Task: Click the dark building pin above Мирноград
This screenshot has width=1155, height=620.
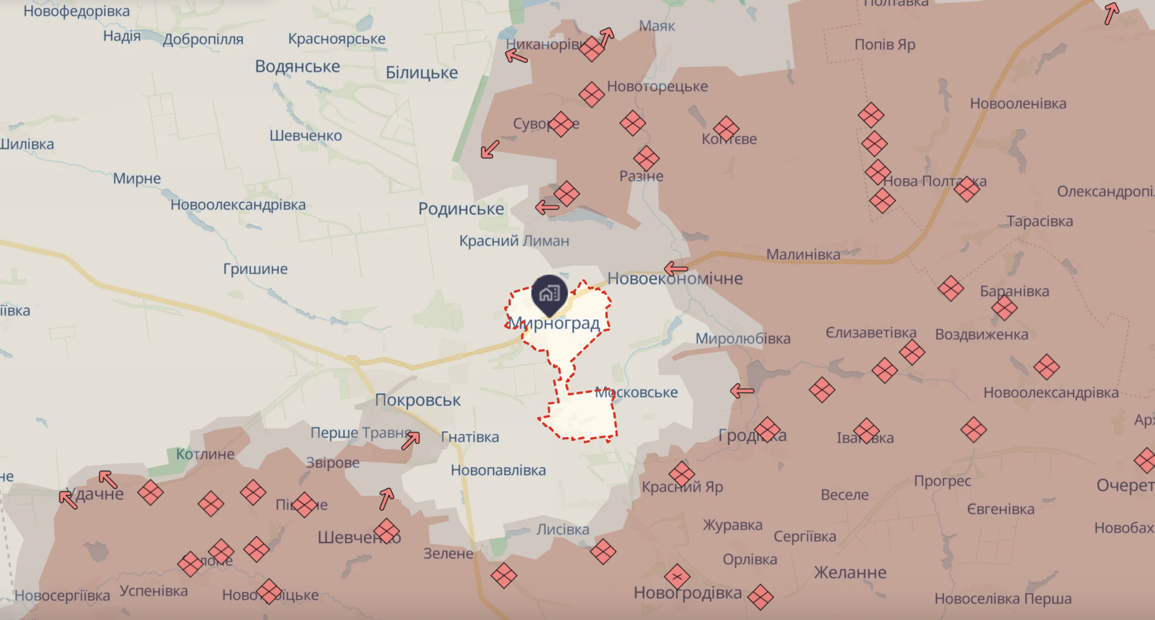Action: tap(549, 293)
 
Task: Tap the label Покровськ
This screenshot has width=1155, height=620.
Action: tap(418, 400)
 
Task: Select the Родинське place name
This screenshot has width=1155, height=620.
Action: tap(461, 209)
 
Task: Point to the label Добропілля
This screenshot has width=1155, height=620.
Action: tap(203, 39)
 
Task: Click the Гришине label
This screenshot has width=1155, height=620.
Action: tap(255, 269)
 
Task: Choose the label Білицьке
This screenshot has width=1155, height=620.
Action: tap(422, 73)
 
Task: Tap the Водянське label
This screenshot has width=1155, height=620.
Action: tap(297, 66)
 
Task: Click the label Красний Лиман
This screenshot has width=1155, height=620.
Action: tap(514, 241)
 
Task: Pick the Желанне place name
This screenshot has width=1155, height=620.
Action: tap(850, 573)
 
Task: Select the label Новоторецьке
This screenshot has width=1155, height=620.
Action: tap(657, 87)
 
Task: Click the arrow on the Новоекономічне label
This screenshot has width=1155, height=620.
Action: tap(676, 268)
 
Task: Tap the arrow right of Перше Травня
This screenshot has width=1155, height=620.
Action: tap(411, 440)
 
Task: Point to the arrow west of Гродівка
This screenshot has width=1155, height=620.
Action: tap(742, 391)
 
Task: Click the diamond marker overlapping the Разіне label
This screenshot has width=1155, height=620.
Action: tap(646, 159)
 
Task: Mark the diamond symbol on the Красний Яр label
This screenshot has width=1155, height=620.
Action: tap(681, 474)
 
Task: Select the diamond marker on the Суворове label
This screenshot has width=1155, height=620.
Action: tap(561, 124)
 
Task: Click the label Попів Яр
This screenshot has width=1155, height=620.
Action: tap(885, 44)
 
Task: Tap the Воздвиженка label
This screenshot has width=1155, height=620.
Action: tap(981, 335)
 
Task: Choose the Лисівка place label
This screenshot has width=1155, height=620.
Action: tap(562, 529)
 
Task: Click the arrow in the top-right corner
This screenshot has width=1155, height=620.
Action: tap(1111, 13)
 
